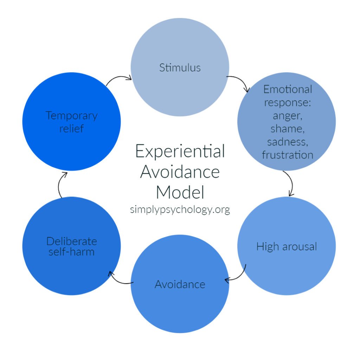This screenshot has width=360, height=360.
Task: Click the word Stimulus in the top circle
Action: pos(180,67)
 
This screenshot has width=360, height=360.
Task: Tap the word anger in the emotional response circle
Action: pos(287,116)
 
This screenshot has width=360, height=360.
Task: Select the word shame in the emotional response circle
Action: pos(287,129)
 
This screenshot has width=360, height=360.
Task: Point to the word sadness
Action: pos(287,142)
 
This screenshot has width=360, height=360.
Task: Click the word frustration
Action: pos(287,155)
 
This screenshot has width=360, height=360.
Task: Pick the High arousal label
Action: pos(287,246)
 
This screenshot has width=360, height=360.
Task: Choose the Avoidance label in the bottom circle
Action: pos(180,284)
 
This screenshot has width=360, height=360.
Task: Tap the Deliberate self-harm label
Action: pos(71,246)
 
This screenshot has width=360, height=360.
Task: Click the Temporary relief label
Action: pos(71,122)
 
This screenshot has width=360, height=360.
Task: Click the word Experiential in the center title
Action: pos(180,152)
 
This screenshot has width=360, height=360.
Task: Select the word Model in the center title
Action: pos(180,192)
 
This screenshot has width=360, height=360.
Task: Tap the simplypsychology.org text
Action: pos(180,210)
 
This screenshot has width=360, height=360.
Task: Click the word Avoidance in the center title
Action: pos(180,172)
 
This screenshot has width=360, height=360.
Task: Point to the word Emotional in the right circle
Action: pos(287,89)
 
